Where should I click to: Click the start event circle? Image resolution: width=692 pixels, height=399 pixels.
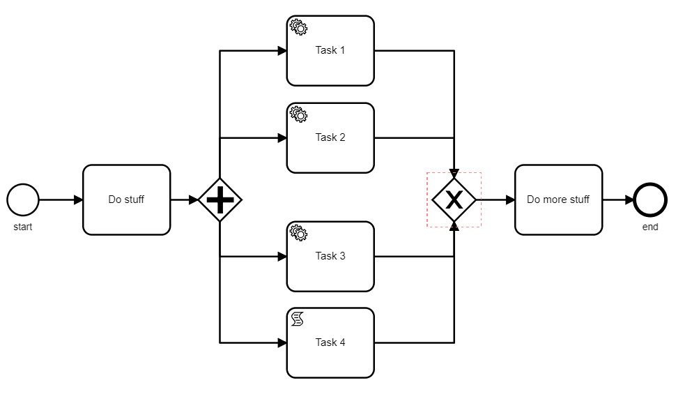pyautogui.click(x=23, y=200)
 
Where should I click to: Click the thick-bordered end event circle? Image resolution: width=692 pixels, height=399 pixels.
pyautogui.click(x=650, y=200)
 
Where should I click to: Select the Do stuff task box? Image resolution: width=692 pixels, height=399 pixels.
pyautogui.click(x=126, y=200)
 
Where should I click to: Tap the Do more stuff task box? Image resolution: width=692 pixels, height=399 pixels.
pyautogui.click(x=558, y=200)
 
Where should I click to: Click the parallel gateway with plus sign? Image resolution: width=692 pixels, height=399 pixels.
pyautogui.click(x=220, y=200)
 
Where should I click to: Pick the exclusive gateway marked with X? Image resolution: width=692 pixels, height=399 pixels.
pyautogui.click(x=454, y=200)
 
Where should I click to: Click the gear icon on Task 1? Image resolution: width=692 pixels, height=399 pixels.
pyautogui.click(x=298, y=27)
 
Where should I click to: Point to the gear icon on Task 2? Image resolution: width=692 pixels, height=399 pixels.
pyautogui.click(x=298, y=114)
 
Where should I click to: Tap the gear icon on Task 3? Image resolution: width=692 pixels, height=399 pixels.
pyautogui.click(x=298, y=233)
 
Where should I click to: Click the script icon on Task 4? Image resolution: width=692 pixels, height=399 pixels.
pyautogui.click(x=298, y=319)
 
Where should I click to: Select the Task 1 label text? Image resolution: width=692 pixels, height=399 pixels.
pyautogui.click(x=330, y=50)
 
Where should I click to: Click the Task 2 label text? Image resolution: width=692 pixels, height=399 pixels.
pyautogui.click(x=330, y=137)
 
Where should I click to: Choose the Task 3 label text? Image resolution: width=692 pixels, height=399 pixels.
pyautogui.click(x=330, y=256)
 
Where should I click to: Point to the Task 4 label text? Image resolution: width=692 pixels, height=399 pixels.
pyautogui.click(x=330, y=342)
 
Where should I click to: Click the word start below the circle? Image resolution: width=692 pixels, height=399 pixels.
pyautogui.click(x=23, y=227)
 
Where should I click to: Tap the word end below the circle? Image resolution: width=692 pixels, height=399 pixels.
pyautogui.click(x=650, y=227)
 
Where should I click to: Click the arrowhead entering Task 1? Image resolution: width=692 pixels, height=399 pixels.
pyautogui.click(x=282, y=50)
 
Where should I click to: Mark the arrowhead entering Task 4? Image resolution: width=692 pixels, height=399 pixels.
pyautogui.click(x=282, y=342)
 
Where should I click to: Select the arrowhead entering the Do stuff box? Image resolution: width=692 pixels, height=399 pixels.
pyautogui.click(x=78, y=200)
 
